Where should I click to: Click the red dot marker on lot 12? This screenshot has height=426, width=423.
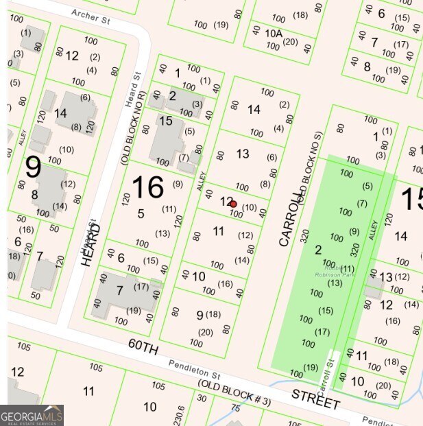(x=233, y=204)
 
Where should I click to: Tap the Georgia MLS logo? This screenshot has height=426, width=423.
(x=32, y=415)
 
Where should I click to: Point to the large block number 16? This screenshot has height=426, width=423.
(x=147, y=188)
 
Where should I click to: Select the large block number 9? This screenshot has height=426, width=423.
(x=33, y=168)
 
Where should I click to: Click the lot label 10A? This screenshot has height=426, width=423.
(x=274, y=33)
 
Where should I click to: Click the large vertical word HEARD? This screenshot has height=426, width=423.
(x=92, y=244)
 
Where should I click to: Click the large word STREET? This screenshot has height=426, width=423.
(x=315, y=399)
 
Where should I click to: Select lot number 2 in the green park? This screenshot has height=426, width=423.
(x=318, y=250)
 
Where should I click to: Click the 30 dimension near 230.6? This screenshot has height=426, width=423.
(x=202, y=397)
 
